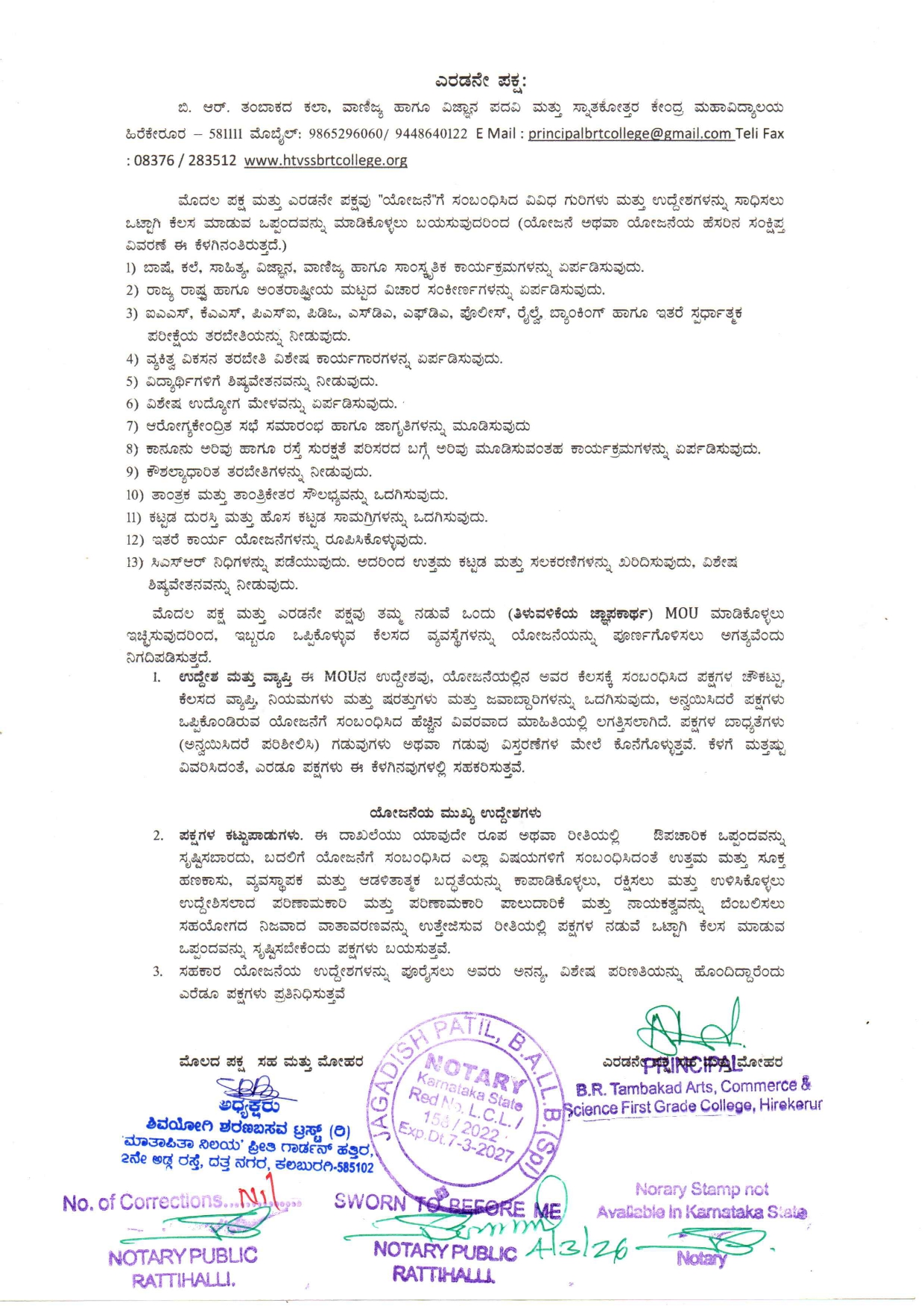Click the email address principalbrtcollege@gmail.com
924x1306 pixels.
630,134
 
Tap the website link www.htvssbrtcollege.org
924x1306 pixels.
326,160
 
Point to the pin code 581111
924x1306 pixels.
225,134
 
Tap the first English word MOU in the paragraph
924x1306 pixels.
681,614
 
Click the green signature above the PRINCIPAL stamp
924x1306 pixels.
689,1028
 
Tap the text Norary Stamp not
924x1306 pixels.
701,1190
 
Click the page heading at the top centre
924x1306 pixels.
481,81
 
